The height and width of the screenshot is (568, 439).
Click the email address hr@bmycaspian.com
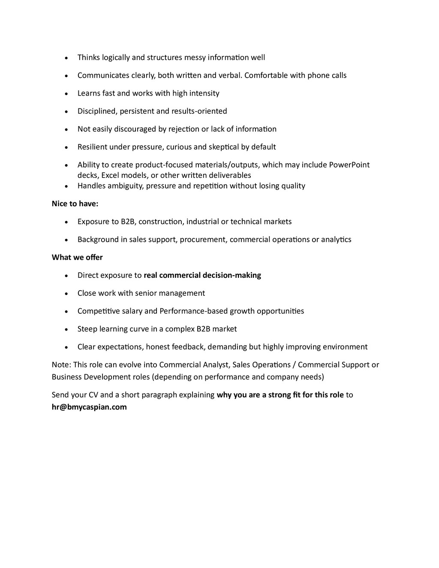89,407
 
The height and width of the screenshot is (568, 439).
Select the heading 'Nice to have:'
75,204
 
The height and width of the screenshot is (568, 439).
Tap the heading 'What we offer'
77,257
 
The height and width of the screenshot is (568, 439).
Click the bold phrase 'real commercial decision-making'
202,275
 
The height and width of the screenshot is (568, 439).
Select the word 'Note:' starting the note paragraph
61,365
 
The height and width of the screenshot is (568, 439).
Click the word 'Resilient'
92,147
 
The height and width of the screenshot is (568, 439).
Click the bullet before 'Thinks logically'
66,58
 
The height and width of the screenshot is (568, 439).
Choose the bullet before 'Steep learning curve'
66,329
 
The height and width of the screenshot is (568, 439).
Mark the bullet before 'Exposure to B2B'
66,222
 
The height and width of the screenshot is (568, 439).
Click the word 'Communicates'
103,75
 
